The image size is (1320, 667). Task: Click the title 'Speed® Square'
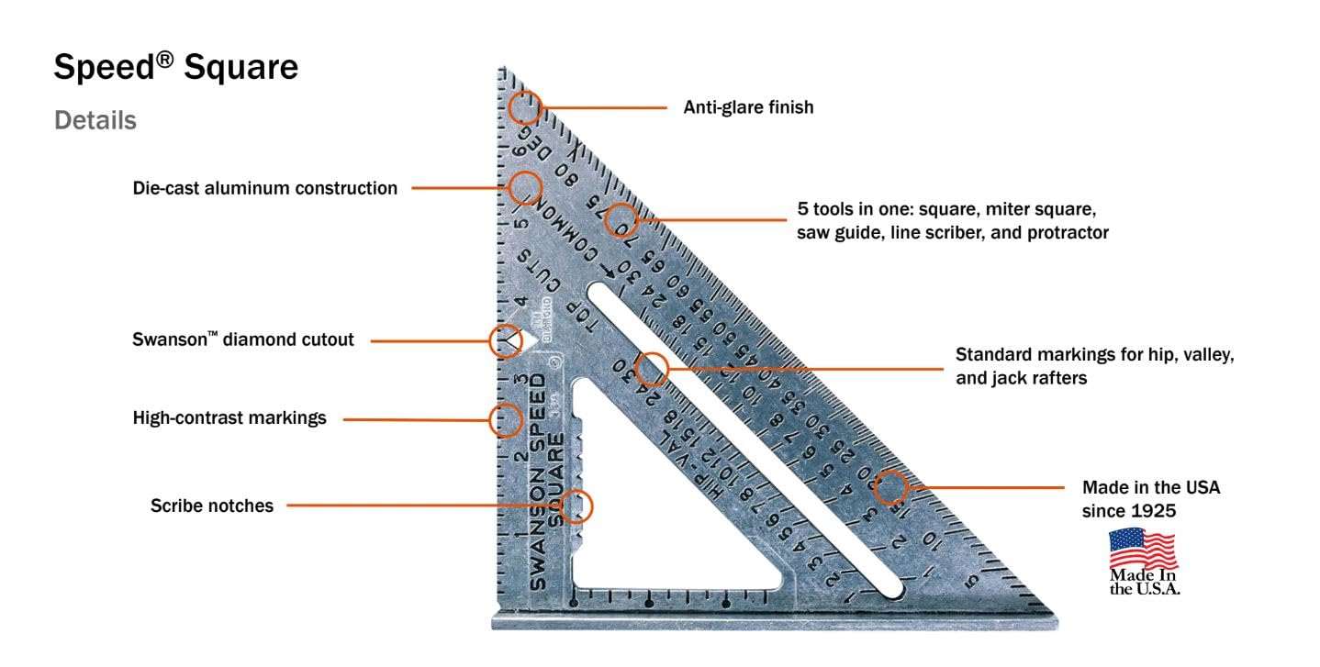point(175,67)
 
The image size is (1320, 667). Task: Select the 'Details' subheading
point(95,120)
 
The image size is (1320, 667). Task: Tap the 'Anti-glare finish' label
point(748,107)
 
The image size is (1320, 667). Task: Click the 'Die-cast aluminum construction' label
point(265,188)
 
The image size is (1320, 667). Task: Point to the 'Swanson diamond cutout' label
point(243,339)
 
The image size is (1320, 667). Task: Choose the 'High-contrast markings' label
point(229,418)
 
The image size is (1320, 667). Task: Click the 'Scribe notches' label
point(212,506)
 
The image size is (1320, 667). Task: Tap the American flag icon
point(1143,549)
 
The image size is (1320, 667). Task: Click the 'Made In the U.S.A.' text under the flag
point(1144,582)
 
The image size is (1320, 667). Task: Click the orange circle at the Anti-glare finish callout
point(525,107)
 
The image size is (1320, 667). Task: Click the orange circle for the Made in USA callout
point(890,487)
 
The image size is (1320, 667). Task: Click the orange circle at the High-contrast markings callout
point(506,420)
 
